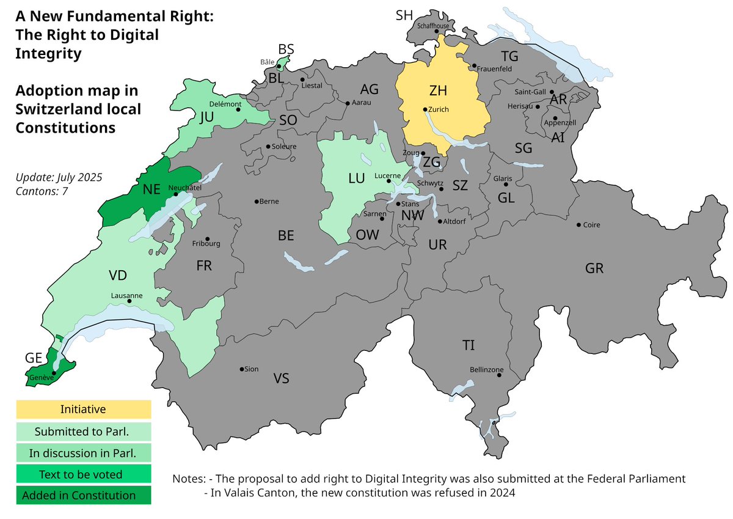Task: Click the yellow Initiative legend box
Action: point(83,410)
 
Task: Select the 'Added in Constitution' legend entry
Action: point(83,495)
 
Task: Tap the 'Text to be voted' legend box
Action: point(83,474)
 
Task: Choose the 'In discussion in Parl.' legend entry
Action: point(83,453)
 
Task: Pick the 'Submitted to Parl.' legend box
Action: point(83,432)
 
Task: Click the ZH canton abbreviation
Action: point(438,91)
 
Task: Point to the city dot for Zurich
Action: point(425,109)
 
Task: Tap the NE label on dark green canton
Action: point(151,190)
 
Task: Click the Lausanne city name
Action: point(126,295)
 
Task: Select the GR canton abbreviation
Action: point(594,268)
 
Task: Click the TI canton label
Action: point(469,345)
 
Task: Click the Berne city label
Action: point(269,201)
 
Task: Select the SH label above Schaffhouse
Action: point(404,15)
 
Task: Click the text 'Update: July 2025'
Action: point(59,177)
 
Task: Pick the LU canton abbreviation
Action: point(356,179)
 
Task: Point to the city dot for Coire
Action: point(578,225)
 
